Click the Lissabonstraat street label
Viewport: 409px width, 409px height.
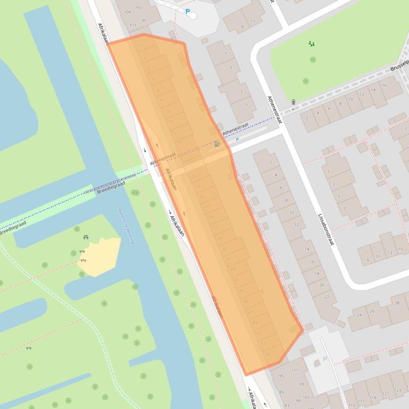pyautogui.click(x=325, y=229)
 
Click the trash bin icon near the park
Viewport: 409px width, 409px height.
pyautogui.click(x=293, y=102)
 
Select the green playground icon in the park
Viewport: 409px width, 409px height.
pyautogui.click(x=312, y=44)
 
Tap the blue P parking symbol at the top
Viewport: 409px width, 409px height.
pyautogui.click(x=187, y=11)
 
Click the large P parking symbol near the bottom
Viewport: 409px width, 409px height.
pyautogui.click(x=325, y=360)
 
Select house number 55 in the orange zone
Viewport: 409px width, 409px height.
pyautogui.click(x=268, y=354)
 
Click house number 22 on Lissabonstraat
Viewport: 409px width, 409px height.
pyautogui.click(x=327, y=296)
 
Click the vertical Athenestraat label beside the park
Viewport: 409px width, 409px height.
pyautogui.click(x=273, y=110)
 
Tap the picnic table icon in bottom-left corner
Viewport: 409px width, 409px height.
pyautogui.click(x=29, y=348)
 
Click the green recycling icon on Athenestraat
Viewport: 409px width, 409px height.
pyautogui.click(x=216, y=143)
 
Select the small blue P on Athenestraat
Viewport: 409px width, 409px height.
pyautogui.click(x=237, y=140)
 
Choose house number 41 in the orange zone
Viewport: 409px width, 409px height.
pyautogui.click(x=237, y=280)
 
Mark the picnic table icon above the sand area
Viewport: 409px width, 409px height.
pyautogui.click(x=86, y=237)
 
